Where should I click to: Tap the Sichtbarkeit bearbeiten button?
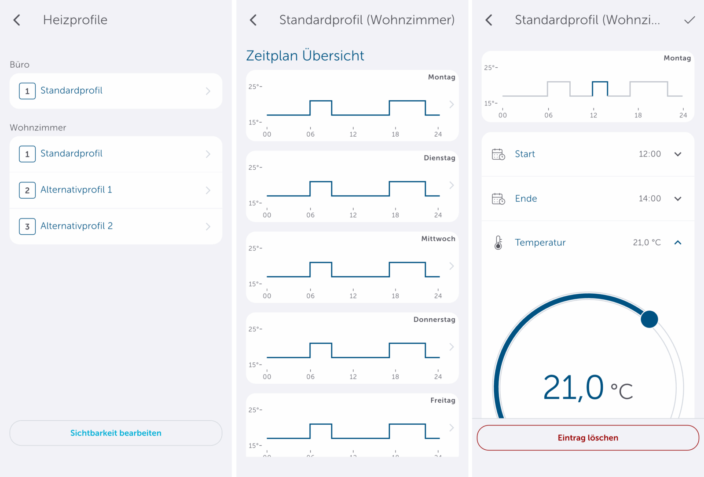pos(116,433)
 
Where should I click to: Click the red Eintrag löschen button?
pos(588,438)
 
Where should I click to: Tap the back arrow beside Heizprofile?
pos(17,20)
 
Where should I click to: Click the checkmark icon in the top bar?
pos(689,20)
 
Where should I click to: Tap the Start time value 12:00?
pos(649,154)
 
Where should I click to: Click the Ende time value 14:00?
pos(649,199)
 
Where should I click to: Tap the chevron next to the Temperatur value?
pos(678,243)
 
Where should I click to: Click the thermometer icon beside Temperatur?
pos(498,243)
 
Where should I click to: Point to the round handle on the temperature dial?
pos(649,319)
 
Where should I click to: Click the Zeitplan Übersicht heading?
pos(305,56)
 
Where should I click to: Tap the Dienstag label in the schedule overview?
pos(439,158)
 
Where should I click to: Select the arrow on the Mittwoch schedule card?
pos(451,266)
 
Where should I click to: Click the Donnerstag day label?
pos(434,320)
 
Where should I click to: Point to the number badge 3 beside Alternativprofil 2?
pos(27,226)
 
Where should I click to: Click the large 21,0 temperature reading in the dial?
pos(573,388)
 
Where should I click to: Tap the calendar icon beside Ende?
pos(498,199)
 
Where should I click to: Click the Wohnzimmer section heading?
pos(38,127)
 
